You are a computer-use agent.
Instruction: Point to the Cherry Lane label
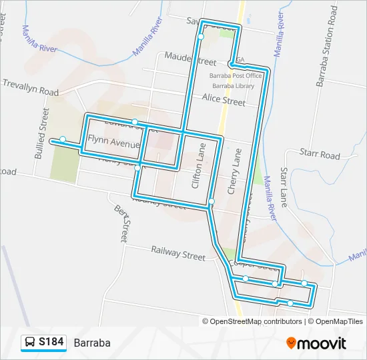(234, 171)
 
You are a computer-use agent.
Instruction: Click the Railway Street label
(178, 256)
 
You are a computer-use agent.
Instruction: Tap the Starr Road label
(320, 155)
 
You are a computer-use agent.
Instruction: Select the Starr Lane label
(284, 188)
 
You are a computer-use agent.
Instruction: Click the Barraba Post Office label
(236, 75)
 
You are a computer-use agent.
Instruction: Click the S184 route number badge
(51, 342)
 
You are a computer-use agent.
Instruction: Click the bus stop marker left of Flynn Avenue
(62, 139)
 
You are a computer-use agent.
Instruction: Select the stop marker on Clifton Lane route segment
(211, 201)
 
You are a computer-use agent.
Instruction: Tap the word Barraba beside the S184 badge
(92, 343)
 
